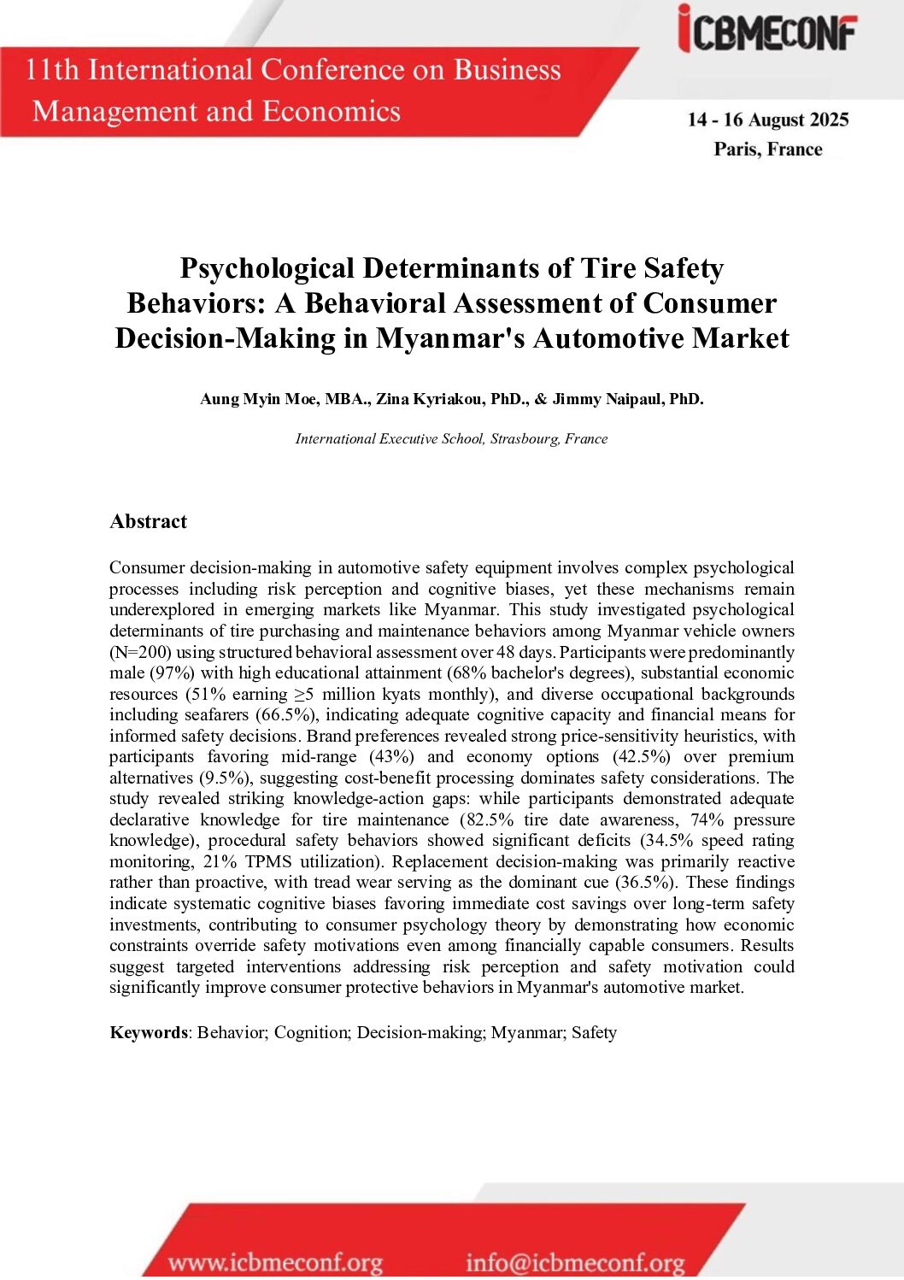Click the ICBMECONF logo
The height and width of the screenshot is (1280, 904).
[767, 31]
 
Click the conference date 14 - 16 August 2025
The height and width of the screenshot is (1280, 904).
[768, 120]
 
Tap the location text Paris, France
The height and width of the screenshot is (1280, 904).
[768, 150]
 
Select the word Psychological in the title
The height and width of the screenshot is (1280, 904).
[267, 269]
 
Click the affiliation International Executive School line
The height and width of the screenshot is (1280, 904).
[451, 439]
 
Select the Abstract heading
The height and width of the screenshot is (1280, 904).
[148, 522]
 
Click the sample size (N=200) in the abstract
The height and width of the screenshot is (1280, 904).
[140, 652]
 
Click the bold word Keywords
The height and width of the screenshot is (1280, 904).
[148, 1033]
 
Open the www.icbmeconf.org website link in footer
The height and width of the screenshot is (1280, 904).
[275, 1262]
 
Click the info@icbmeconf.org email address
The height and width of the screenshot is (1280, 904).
[575, 1262]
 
